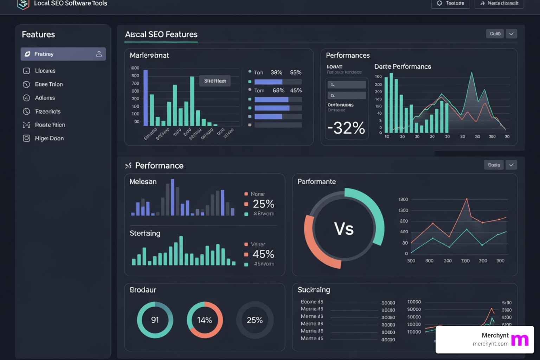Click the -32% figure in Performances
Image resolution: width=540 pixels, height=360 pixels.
[x=346, y=128]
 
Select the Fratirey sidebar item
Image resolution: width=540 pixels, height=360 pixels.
[x=63, y=54]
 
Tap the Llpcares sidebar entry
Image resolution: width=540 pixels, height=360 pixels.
[x=45, y=71]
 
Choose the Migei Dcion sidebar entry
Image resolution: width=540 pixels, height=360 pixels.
[x=49, y=139]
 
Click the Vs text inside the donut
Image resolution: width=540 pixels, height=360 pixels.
[x=343, y=229]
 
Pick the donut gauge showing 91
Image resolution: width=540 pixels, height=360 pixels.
[x=155, y=320]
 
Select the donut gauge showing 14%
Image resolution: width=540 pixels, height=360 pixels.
[x=205, y=320]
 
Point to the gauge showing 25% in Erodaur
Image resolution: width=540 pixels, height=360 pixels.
[x=255, y=320]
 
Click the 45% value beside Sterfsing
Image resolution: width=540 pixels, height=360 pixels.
[x=263, y=254]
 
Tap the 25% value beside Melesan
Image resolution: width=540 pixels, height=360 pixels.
[x=263, y=204]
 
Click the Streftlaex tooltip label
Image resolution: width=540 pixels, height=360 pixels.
[x=215, y=81]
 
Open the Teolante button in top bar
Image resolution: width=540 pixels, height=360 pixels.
[x=450, y=4]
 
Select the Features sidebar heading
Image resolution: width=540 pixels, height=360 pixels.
[x=38, y=34]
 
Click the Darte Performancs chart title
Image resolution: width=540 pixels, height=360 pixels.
[x=403, y=66]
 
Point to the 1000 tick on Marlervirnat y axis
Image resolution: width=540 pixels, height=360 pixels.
[x=135, y=68]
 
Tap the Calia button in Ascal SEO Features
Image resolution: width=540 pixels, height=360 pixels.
[x=495, y=34]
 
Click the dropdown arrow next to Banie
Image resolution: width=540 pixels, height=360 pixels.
[x=512, y=165]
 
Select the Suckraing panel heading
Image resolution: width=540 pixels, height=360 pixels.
[x=314, y=290]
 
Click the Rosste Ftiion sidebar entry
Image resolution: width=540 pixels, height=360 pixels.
[x=50, y=125]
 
